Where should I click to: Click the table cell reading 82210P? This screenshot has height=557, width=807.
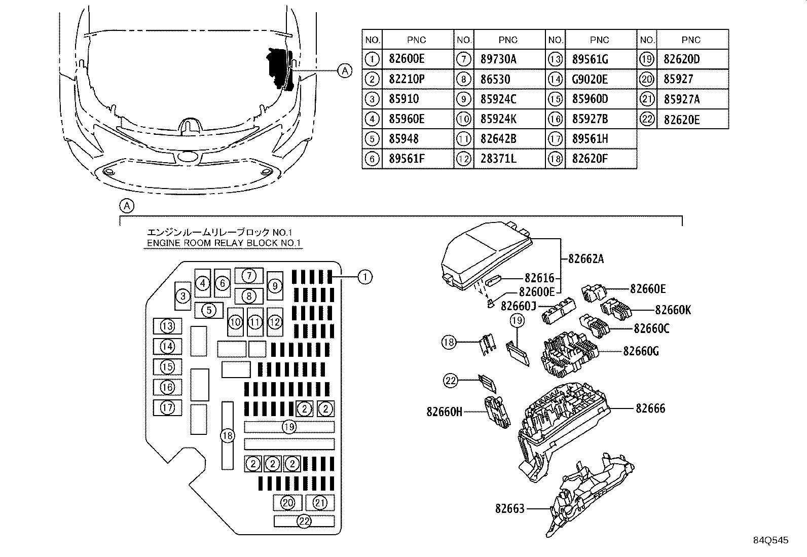[407, 79]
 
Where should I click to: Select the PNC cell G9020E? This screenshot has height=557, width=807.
[590, 79]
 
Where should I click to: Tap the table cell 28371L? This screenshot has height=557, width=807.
[498, 159]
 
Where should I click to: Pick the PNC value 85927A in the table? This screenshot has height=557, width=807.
[682, 99]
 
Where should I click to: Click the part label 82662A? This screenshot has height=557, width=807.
[586, 258]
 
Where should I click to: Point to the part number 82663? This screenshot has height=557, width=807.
[510, 508]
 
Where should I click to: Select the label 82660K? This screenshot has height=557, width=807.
[673, 310]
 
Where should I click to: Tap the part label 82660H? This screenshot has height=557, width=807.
[444, 412]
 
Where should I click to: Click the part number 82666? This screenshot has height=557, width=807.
[650, 408]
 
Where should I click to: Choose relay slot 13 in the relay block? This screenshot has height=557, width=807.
[167, 326]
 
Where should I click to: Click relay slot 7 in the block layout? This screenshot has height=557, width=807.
[249, 276]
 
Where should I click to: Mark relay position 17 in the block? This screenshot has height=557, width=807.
[167, 408]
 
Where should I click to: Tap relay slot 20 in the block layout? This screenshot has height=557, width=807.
[287, 503]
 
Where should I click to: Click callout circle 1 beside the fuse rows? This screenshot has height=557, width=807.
[365, 277]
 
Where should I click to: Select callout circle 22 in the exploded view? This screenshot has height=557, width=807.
[451, 381]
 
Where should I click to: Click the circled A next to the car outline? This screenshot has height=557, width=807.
[345, 70]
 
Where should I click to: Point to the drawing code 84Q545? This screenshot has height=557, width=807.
[771, 540]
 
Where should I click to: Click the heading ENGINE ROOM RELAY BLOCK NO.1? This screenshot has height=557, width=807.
[224, 243]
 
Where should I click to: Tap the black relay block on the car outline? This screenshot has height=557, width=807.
[280, 68]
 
